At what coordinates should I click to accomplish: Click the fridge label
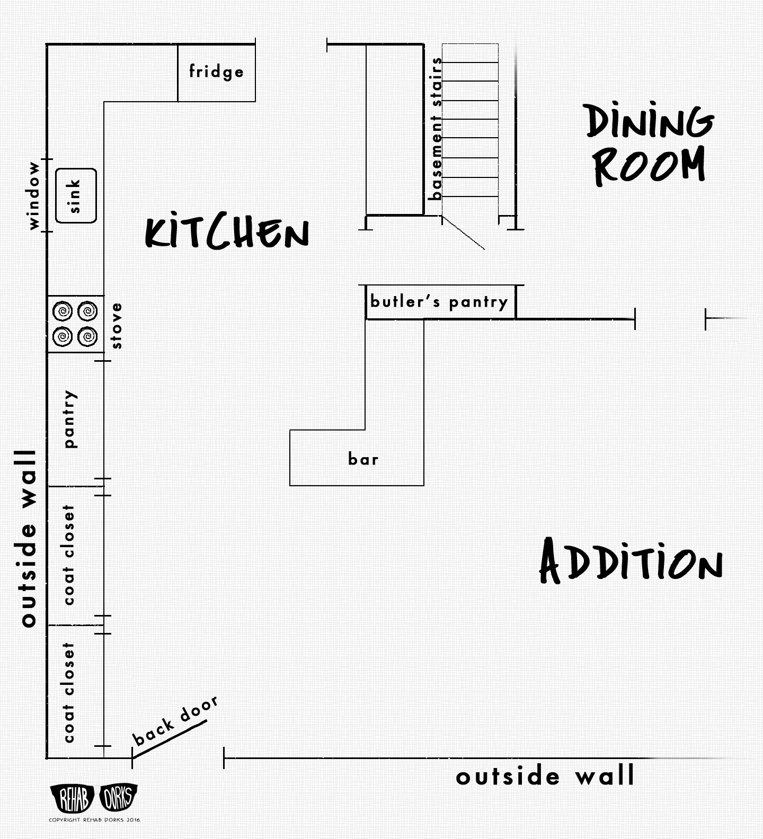[216, 71]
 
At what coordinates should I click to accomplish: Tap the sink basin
[76, 195]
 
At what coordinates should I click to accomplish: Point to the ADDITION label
[631, 561]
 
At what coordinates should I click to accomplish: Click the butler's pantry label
[439, 302]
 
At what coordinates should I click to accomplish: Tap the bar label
[363, 459]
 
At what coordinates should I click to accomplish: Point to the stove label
[117, 326]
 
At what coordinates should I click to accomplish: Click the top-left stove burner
[63, 311]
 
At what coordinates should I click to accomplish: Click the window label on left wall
[34, 195]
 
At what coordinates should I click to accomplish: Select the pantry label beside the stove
[69, 419]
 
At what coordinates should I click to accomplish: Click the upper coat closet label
[68, 555]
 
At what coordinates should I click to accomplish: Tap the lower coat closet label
[68, 693]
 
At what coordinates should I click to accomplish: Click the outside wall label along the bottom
[545, 776]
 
